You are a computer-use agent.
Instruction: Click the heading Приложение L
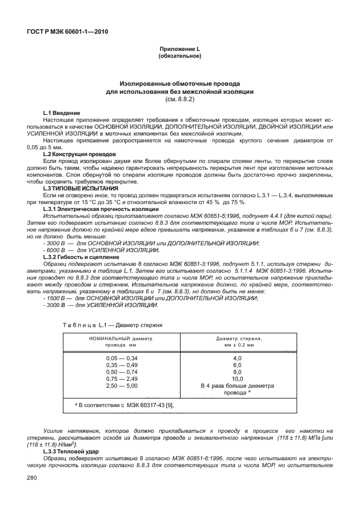click(179, 50)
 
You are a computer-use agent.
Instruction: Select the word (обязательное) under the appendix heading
click(179, 56)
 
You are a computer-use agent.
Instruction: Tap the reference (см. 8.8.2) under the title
click(180, 99)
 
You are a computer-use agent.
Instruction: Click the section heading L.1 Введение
click(62, 113)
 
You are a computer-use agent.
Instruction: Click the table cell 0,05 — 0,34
click(122, 358)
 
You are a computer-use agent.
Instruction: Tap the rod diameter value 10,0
click(238, 378)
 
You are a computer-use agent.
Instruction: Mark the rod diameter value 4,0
click(238, 358)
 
